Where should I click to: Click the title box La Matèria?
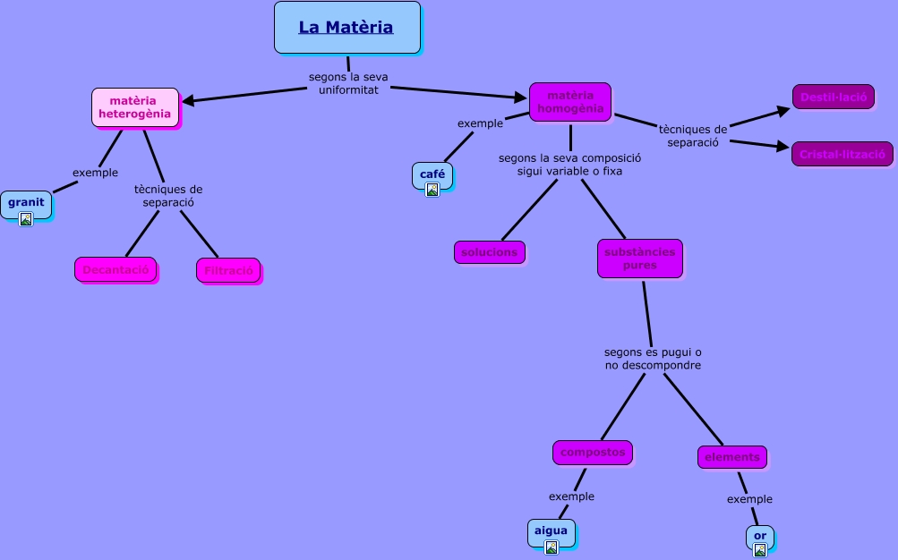tap(346, 27)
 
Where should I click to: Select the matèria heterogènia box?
tap(134, 106)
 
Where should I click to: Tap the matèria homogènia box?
tap(569, 102)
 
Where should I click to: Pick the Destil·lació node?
tap(833, 97)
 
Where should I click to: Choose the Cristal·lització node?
tap(842, 154)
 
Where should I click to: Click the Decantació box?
tap(115, 269)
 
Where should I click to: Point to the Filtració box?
tap(227, 270)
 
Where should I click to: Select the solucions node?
tap(489, 252)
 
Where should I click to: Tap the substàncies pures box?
tap(639, 259)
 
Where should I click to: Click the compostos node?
tap(592, 453)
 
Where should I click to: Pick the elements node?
tap(731, 457)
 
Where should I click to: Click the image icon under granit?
tap(26, 218)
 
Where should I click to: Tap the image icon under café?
tap(432, 190)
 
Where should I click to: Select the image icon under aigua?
tap(551, 547)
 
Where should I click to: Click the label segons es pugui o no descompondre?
tap(652, 359)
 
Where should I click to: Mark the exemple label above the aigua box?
tap(571, 496)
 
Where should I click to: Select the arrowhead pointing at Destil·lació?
tap(786, 109)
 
